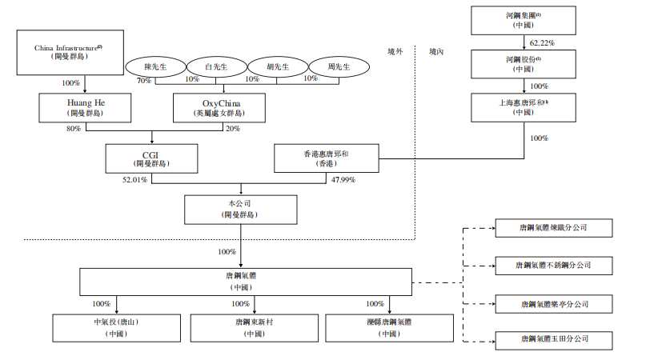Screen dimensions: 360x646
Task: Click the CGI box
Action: [x=152, y=158]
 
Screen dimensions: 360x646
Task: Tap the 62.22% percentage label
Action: [x=542, y=41]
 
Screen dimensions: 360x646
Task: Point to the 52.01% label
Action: [x=134, y=179]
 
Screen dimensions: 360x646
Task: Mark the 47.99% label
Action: [x=343, y=179]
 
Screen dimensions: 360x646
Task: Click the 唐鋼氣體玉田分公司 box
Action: [x=553, y=338]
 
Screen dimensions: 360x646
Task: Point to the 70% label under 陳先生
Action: [x=144, y=79]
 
